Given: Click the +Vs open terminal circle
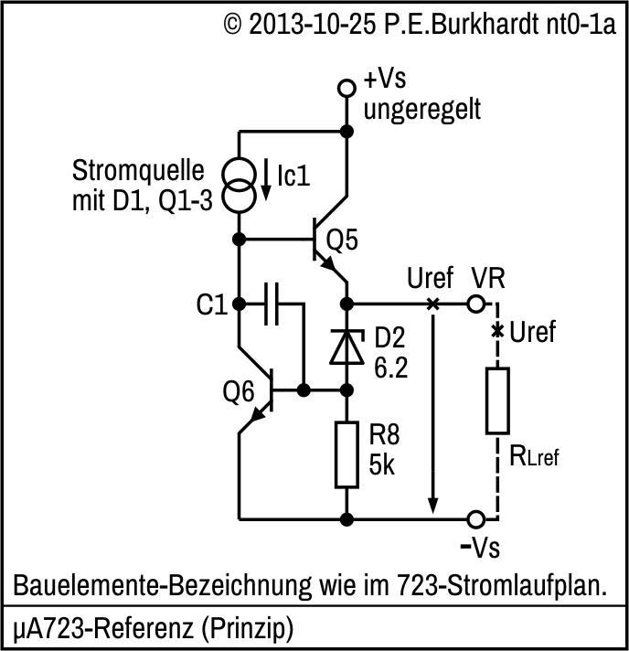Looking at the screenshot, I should pos(346,89).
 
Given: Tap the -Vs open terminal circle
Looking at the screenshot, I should pos(475,519).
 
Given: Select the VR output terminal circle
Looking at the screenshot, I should pos(475,304).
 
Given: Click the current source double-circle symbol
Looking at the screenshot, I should pos(239,184).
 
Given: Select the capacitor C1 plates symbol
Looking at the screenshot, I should pos(271,304).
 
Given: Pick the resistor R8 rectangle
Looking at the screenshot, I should pos(346,454).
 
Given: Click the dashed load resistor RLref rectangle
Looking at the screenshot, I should pos(497,400).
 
